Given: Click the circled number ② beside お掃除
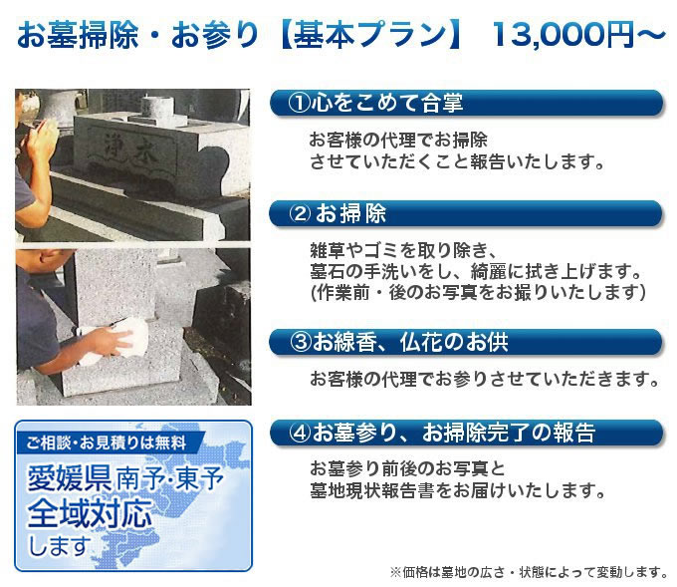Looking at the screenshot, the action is click(300, 213).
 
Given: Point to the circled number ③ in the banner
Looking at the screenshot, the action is click(301, 342).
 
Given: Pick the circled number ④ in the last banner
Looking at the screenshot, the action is click(301, 433).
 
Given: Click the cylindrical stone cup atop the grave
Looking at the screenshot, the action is click(157, 106).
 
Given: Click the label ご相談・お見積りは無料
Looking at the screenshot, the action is click(107, 442).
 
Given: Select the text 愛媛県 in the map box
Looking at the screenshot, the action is click(69, 478).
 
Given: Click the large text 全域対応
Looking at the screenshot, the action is click(90, 512).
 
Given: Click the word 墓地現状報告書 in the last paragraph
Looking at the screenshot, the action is click(372, 490).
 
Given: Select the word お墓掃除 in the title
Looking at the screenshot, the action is click(78, 34).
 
